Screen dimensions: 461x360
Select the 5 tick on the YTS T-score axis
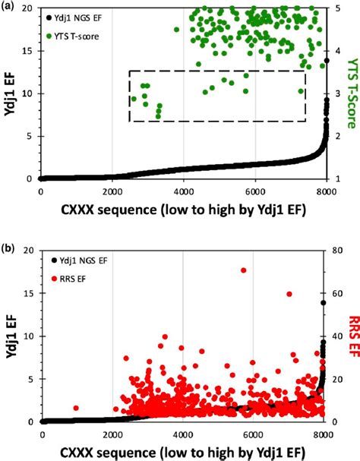333,8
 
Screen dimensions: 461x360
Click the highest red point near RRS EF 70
244,270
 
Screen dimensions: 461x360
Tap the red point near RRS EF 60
289,294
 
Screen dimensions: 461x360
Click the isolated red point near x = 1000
76,408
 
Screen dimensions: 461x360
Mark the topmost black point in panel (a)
326,61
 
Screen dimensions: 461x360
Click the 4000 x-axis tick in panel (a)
183,191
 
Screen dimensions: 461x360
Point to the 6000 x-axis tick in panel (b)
254,434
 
